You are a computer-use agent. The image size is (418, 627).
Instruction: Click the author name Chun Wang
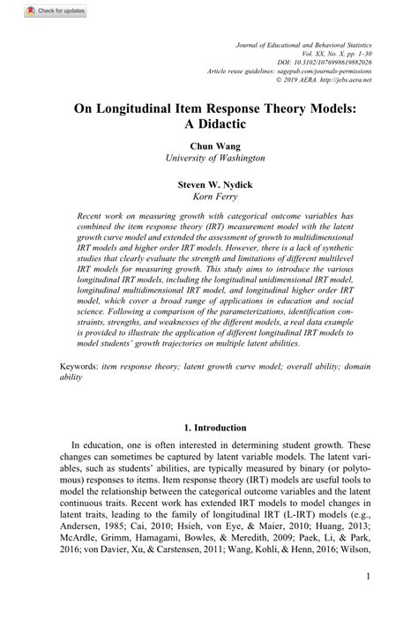pyautogui.click(x=209, y=146)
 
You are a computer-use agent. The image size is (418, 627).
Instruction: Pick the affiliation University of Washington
pyautogui.click(x=209, y=159)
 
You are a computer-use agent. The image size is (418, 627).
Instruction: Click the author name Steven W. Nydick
pyautogui.click(x=209, y=186)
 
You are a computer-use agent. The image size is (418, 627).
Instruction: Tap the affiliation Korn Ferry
pyautogui.click(x=209, y=198)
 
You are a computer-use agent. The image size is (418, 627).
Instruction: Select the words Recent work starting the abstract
pyautogui.click(x=101, y=215)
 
